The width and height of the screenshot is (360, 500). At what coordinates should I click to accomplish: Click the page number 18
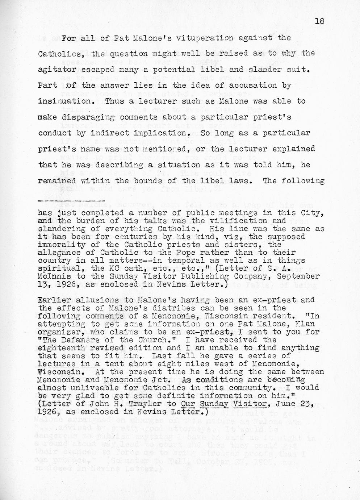[319, 21]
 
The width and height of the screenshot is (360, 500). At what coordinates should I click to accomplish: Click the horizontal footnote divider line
[71, 201]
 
